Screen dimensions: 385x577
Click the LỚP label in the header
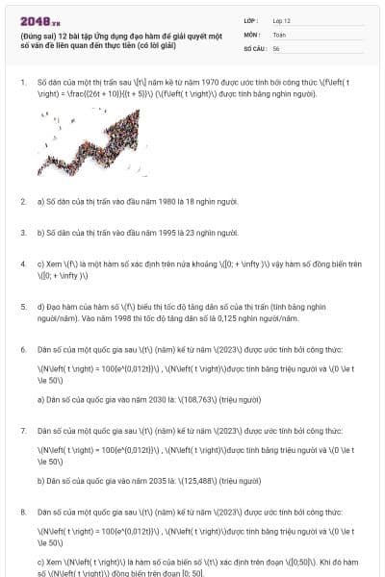click(x=251, y=20)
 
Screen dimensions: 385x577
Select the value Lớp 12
click(x=281, y=20)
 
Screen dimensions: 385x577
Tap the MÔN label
click(x=251, y=34)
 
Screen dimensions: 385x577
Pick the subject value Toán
click(x=279, y=34)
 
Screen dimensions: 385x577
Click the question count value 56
click(x=276, y=47)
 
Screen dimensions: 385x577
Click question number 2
click(x=23, y=201)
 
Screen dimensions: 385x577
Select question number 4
click(x=23, y=263)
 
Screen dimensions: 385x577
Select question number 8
click(x=23, y=512)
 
